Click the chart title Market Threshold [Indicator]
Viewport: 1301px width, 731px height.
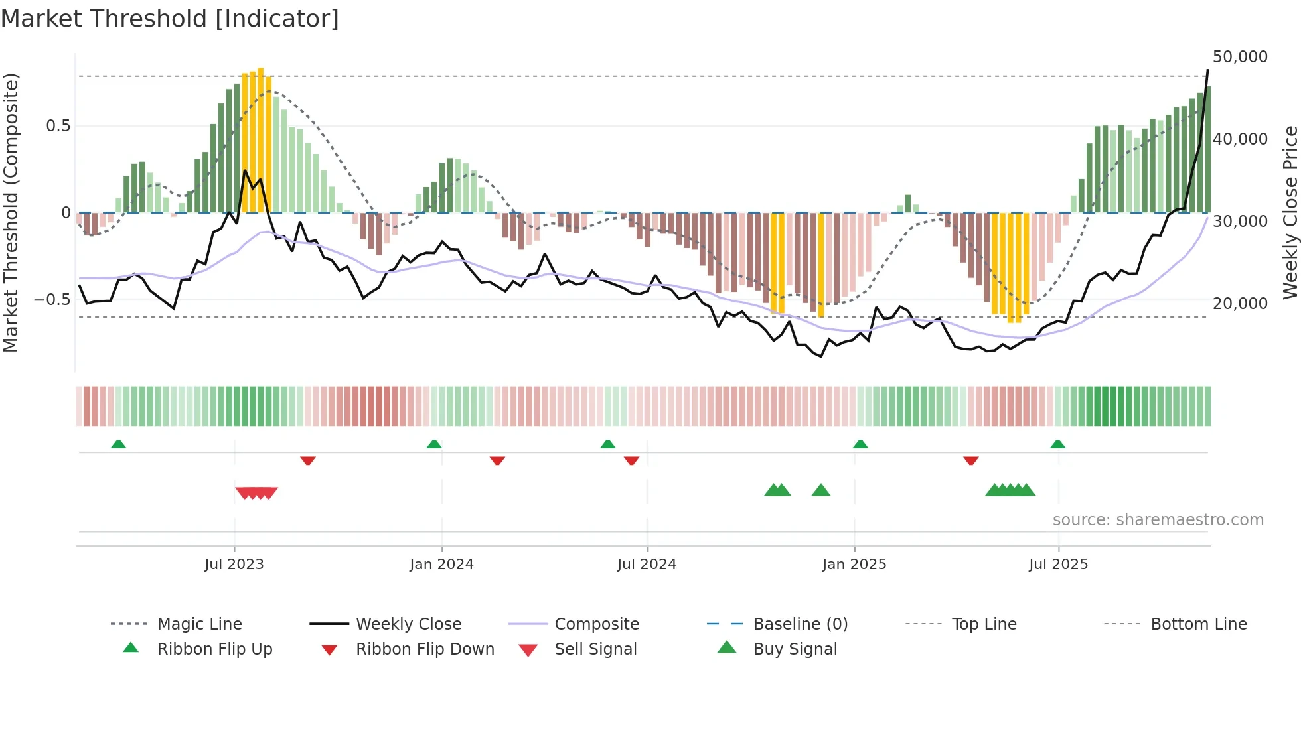click(170, 19)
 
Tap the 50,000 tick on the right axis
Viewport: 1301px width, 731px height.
click(1240, 57)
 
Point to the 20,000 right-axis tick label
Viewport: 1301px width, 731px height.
click(1240, 304)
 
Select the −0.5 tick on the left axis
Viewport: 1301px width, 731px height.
click(52, 300)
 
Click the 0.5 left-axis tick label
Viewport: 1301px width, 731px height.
click(58, 126)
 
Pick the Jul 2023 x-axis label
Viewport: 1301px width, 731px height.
click(234, 565)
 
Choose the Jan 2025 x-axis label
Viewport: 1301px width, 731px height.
click(854, 565)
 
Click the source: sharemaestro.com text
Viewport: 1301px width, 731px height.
click(1158, 520)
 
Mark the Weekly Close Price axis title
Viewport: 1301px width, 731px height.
click(1290, 212)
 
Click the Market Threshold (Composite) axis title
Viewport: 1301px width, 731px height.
click(11, 212)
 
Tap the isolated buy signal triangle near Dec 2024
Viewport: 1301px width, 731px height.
click(821, 490)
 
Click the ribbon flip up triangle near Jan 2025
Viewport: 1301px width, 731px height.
click(860, 444)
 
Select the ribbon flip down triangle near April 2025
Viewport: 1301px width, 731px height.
click(970, 460)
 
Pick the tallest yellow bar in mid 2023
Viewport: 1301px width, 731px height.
click(261, 139)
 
